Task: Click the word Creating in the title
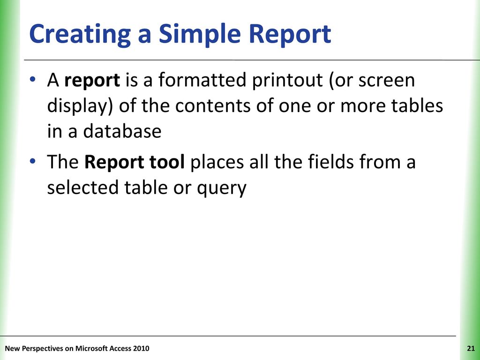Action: (80, 35)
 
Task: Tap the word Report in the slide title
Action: (290, 35)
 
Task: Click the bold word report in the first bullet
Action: (92, 81)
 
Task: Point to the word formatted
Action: (202, 80)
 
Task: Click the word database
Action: (122, 131)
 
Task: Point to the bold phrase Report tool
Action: (135, 162)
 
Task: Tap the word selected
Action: (82, 187)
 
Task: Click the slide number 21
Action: (471, 348)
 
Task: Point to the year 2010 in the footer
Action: (142, 348)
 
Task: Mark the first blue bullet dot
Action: (32, 79)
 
